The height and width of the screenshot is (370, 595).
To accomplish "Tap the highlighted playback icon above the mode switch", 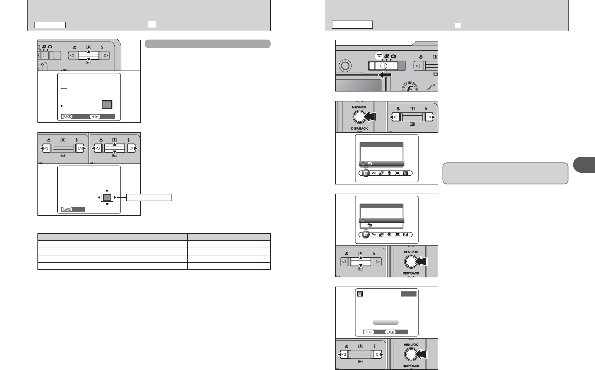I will pos(379,56).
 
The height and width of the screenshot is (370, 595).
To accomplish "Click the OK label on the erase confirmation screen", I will pos(369,332).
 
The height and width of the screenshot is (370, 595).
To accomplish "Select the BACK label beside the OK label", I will pos(390,332).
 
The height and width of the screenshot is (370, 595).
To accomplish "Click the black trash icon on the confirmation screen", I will pos(360,294).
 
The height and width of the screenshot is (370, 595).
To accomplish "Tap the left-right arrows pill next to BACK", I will pos(95,117).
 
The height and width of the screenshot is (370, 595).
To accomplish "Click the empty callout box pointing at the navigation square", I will pos(149,198).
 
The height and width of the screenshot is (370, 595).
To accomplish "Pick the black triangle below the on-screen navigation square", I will pos(107,204).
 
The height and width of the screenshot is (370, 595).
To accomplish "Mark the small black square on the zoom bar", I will pos(61,106).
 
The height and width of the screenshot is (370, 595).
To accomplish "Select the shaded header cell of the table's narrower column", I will pos(229,237).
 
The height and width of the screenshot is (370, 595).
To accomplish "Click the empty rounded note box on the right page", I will pos(505,173).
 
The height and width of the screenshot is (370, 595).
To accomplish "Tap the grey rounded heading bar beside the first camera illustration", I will pos(208,44).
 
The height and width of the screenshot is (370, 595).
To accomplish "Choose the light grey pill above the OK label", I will pos(385,322).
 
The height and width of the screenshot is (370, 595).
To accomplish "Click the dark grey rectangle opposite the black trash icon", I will pos(408,294).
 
